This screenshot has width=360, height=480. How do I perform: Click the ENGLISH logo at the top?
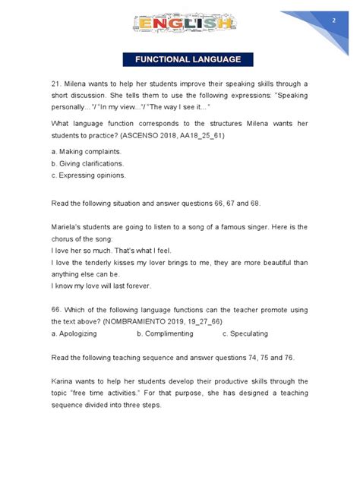(x=179, y=25)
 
